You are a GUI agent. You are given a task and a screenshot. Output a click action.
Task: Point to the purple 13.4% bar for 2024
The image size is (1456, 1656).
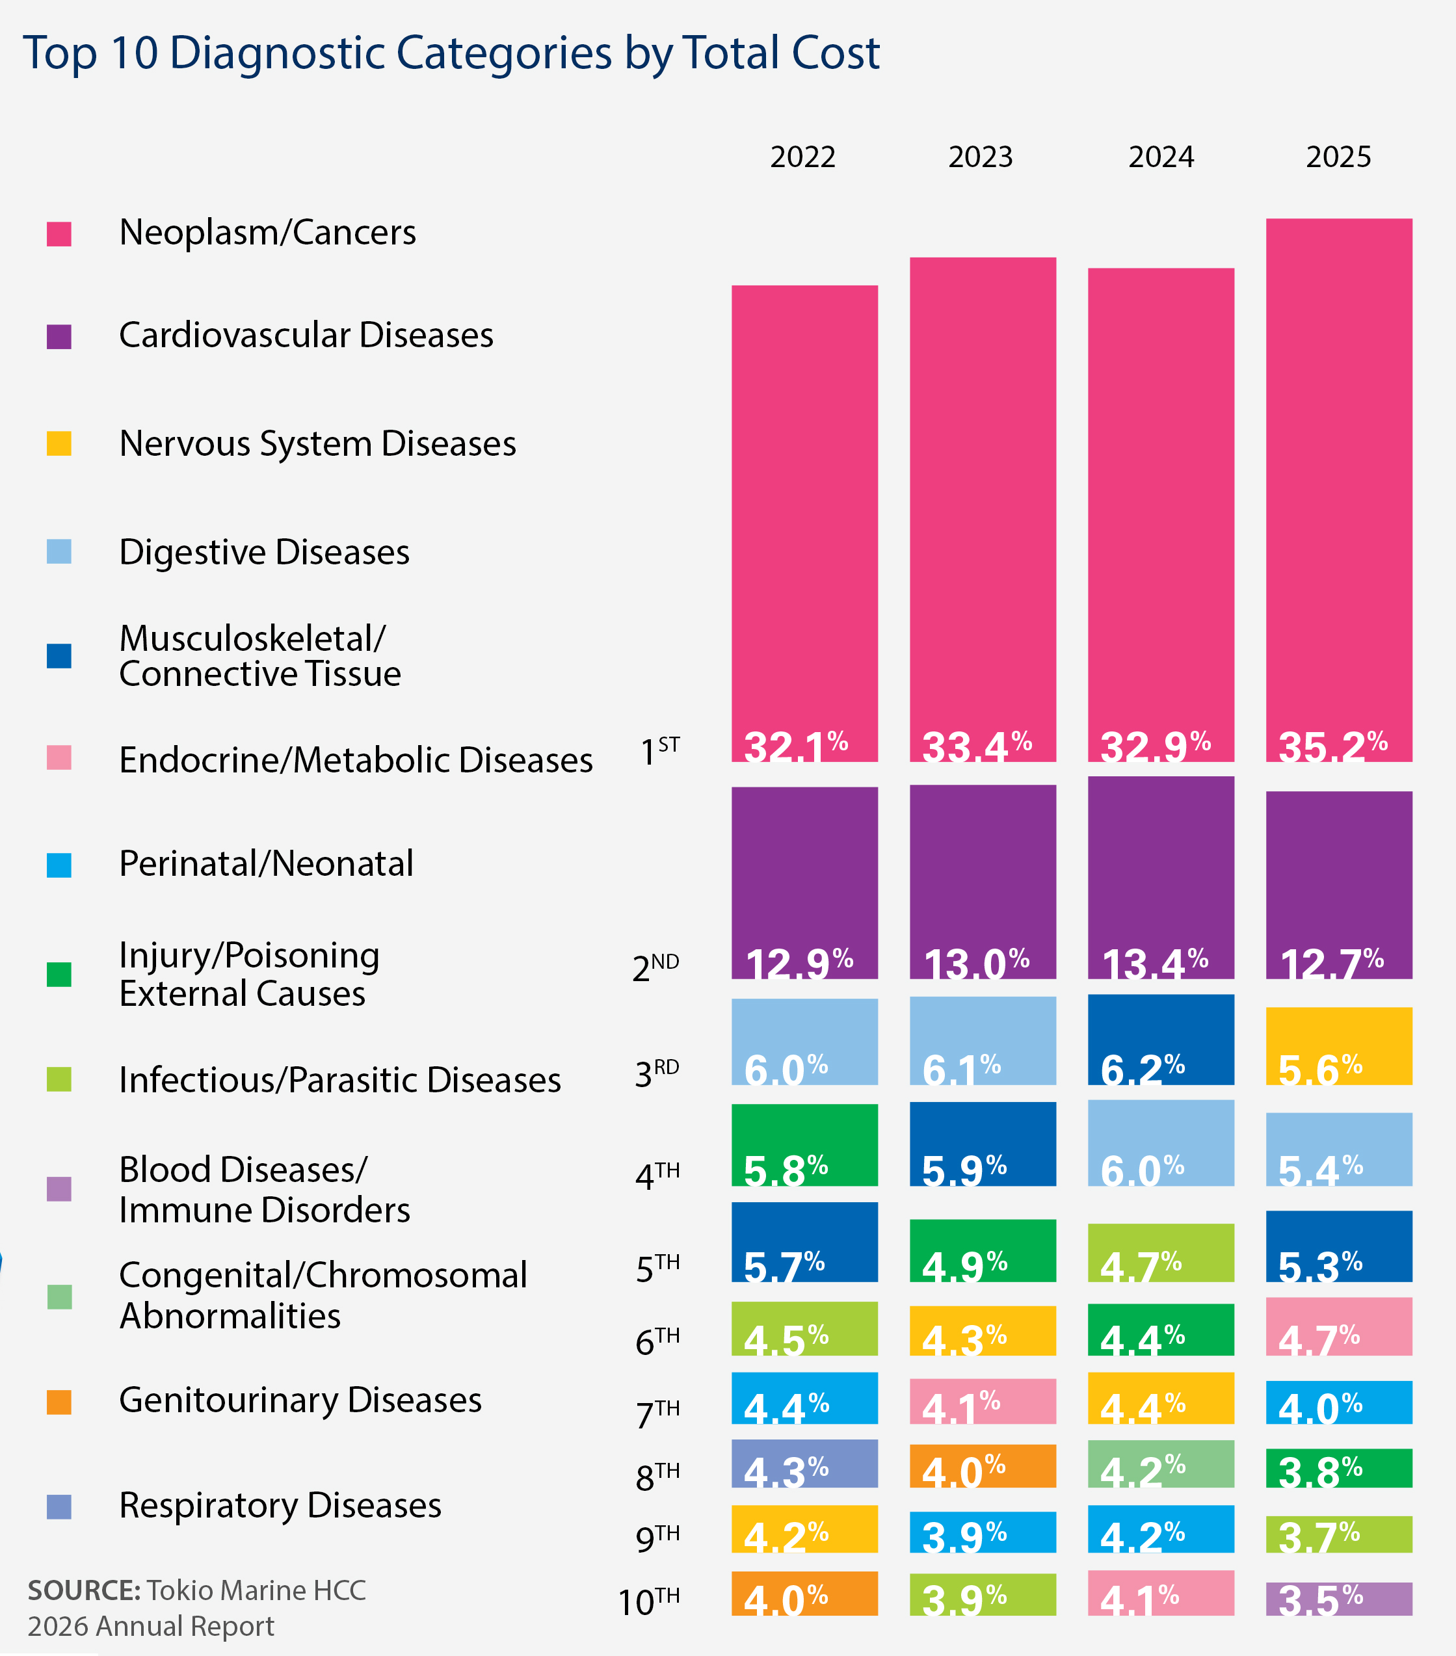[x=1161, y=878]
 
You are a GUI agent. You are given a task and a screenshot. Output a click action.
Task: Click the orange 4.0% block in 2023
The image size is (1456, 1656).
[x=983, y=1465]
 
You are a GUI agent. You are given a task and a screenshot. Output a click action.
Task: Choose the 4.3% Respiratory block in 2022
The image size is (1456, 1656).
[x=804, y=1463]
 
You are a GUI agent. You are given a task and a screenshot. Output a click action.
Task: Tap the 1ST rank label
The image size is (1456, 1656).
[x=659, y=750]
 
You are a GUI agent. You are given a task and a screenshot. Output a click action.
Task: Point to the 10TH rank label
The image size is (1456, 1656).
[x=648, y=1601]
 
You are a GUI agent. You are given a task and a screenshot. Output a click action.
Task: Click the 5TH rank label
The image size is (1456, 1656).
[x=657, y=1268]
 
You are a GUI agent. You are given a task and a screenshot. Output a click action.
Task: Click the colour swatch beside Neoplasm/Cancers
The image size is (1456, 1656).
[x=59, y=234]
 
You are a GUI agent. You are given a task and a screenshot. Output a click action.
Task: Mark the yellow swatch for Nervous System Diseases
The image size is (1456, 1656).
[x=59, y=444]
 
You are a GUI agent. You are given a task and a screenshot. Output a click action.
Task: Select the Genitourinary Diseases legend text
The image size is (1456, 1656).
[x=300, y=1400]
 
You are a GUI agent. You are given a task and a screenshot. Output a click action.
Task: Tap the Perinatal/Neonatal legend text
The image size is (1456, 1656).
[x=266, y=863]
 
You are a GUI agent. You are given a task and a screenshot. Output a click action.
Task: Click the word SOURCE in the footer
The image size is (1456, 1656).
[x=85, y=1590]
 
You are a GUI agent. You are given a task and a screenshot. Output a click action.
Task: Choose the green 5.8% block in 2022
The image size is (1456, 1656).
[x=804, y=1145]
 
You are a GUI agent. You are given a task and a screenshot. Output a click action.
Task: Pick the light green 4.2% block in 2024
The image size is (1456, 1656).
[x=1161, y=1463]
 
